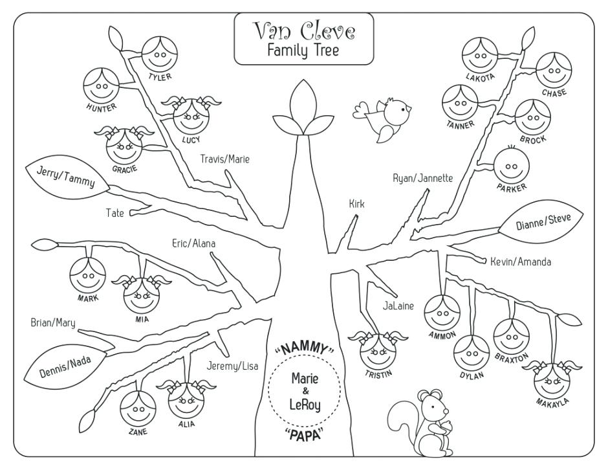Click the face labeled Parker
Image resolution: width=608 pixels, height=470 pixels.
tap(512, 166)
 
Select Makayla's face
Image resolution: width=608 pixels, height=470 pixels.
tap(552, 381)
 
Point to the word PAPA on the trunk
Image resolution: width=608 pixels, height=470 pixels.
tap(304, 435)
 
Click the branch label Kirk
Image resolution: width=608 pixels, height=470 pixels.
tap(356, 204)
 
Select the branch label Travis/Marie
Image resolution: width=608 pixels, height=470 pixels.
tap(224, 159)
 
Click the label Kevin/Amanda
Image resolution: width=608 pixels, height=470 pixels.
tap(520, 262)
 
